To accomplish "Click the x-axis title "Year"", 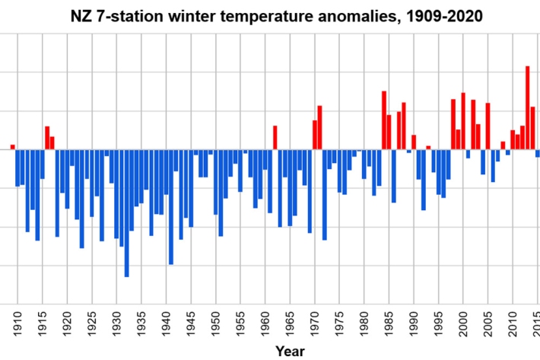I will click(x=290, y=351).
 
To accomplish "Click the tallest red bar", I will click(x=527, y=107).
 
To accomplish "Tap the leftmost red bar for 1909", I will click(x=12, y=147).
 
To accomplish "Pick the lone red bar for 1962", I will click(x=275, y=138).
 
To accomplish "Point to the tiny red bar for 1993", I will click(x=428, y=148).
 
